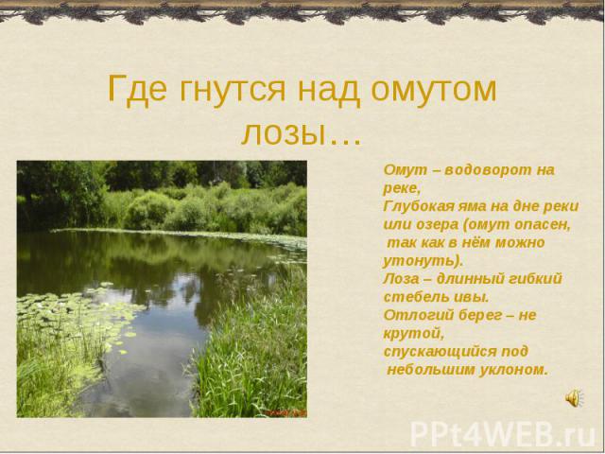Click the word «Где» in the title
137,90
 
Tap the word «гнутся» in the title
233,91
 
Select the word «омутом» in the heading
434,91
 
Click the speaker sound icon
574,397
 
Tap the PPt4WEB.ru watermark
503,434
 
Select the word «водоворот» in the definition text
488,170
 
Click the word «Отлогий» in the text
419,315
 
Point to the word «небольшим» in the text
431,370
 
